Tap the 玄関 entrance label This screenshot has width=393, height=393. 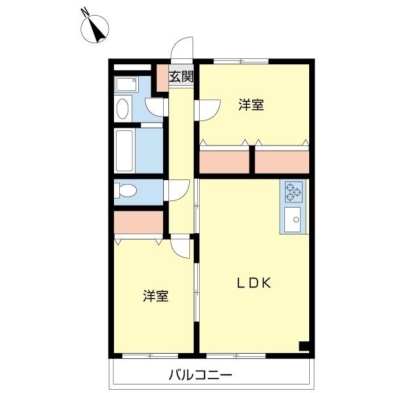coord(181,76)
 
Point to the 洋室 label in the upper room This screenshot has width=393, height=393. coord(252,105)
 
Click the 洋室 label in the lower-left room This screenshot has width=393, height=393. coord(156,296)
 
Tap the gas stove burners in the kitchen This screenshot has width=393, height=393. coord(293,191)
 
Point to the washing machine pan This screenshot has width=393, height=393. coord(125,84)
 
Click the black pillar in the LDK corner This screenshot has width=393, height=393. coord(303,346)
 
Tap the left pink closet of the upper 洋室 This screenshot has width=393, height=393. coord(224,161)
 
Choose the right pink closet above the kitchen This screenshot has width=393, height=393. coord(281,161)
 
